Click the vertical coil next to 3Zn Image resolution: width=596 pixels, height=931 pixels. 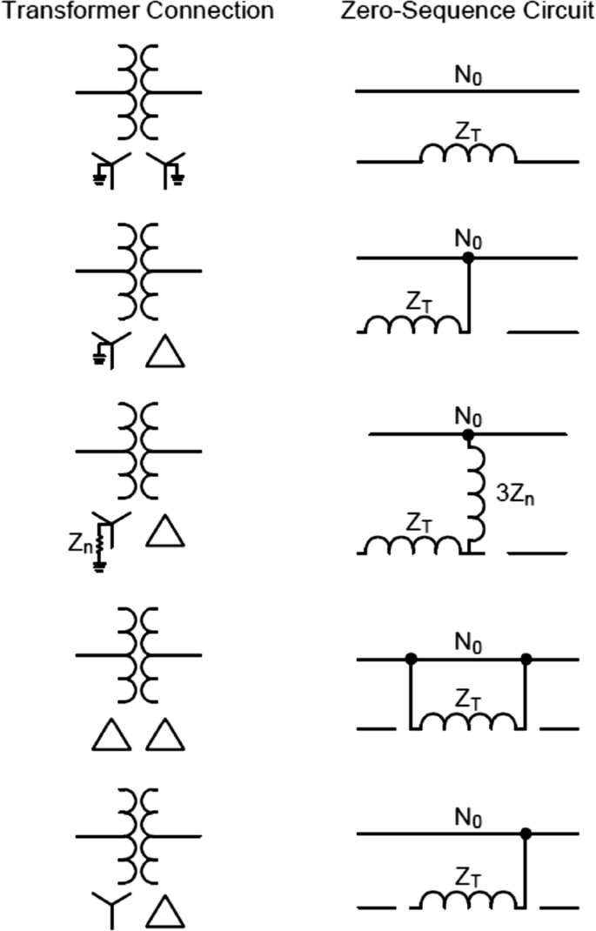coord(476,496)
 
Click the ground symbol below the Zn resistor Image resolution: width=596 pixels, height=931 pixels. coord(100,567)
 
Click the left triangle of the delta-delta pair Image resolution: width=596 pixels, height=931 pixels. coord(111,736)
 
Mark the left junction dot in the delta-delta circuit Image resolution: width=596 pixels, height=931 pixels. coord(411,659)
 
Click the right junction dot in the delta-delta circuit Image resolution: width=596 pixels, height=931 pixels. coord(526,659)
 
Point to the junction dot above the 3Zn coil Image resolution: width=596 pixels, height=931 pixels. coord(468,434)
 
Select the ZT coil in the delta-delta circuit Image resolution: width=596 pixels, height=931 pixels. coord(468,720)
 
